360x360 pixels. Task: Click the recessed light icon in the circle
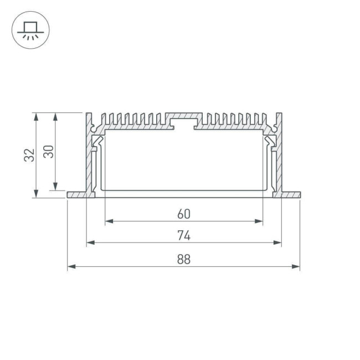[x=30, y=30]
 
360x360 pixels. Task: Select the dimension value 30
[x=49, y=151]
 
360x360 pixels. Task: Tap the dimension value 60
[x=184, y=213]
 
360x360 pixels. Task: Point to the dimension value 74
[x=184, y=235]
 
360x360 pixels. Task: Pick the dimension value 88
[x=184, y=259]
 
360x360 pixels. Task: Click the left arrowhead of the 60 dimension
[x=107, y=221]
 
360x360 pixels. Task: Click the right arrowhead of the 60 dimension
[x=260, y=221]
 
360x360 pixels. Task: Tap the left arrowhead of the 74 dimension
[x=89, y=243]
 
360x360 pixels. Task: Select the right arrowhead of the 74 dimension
[x=278, y=243]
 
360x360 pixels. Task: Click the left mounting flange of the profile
[x=76, y=195]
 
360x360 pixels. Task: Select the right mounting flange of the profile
[x=291, y=195]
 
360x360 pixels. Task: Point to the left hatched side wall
[x=89, y=155]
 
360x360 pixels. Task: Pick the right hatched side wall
[x=279, y=155]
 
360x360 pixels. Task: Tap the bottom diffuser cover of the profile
[x=184, y=194]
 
